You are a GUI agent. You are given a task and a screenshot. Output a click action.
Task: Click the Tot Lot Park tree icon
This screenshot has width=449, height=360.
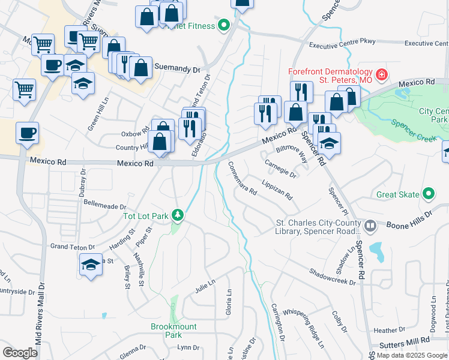click(x=178, y=215)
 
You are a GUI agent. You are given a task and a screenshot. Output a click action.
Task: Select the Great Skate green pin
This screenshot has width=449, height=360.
click(x=429, y=194)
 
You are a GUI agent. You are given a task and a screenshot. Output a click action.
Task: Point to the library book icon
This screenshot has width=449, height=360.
click(x=370, y=227)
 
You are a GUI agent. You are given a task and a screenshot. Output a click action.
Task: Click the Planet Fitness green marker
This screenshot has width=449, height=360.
click(x=224, y=25)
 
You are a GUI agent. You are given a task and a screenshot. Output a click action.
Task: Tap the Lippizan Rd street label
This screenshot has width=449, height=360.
click(x=277, y=190)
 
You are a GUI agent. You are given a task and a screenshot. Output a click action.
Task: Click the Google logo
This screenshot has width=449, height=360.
click(x=20, y=352)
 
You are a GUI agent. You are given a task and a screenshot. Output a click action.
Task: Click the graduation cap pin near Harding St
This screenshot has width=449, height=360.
click(x=89, y=265)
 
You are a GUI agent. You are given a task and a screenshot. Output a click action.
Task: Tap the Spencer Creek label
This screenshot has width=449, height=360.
click(x=412, y=131)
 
